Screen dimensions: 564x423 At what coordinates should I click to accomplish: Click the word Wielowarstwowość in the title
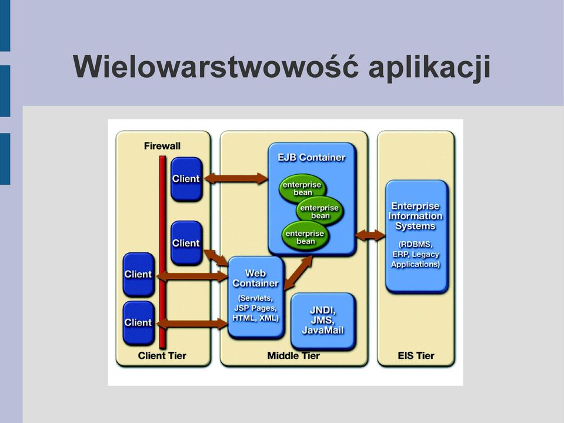(215, 66)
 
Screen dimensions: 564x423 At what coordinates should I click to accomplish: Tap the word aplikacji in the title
(429, 67)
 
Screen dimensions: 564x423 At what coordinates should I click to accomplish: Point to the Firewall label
(162, 146)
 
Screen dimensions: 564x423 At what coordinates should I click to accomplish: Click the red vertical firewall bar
(162, 252)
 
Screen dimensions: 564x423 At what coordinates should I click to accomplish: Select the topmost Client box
(186, 179)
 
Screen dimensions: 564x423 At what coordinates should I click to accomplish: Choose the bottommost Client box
(138, 322)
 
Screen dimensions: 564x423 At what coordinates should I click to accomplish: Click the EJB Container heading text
(312, 158)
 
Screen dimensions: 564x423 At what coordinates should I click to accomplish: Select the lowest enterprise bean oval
(305, 237)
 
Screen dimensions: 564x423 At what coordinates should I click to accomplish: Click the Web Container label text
(255, 278)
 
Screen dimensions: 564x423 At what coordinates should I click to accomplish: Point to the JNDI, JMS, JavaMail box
(323, 321)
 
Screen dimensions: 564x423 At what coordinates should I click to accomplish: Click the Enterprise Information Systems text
(415, 216)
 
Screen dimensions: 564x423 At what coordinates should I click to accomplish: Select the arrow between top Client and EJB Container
(236, 178)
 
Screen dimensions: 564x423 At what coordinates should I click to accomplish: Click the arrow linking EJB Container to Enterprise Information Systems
(370, 235)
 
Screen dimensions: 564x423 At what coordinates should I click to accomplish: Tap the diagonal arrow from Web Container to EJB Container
(298, 272)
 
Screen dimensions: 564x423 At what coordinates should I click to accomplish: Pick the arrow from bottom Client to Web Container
(192, 324)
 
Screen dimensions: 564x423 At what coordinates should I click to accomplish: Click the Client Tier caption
(162, 356)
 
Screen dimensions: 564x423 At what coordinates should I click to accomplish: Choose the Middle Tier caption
(293, 356)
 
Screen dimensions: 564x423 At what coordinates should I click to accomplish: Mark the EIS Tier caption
(416, 356)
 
